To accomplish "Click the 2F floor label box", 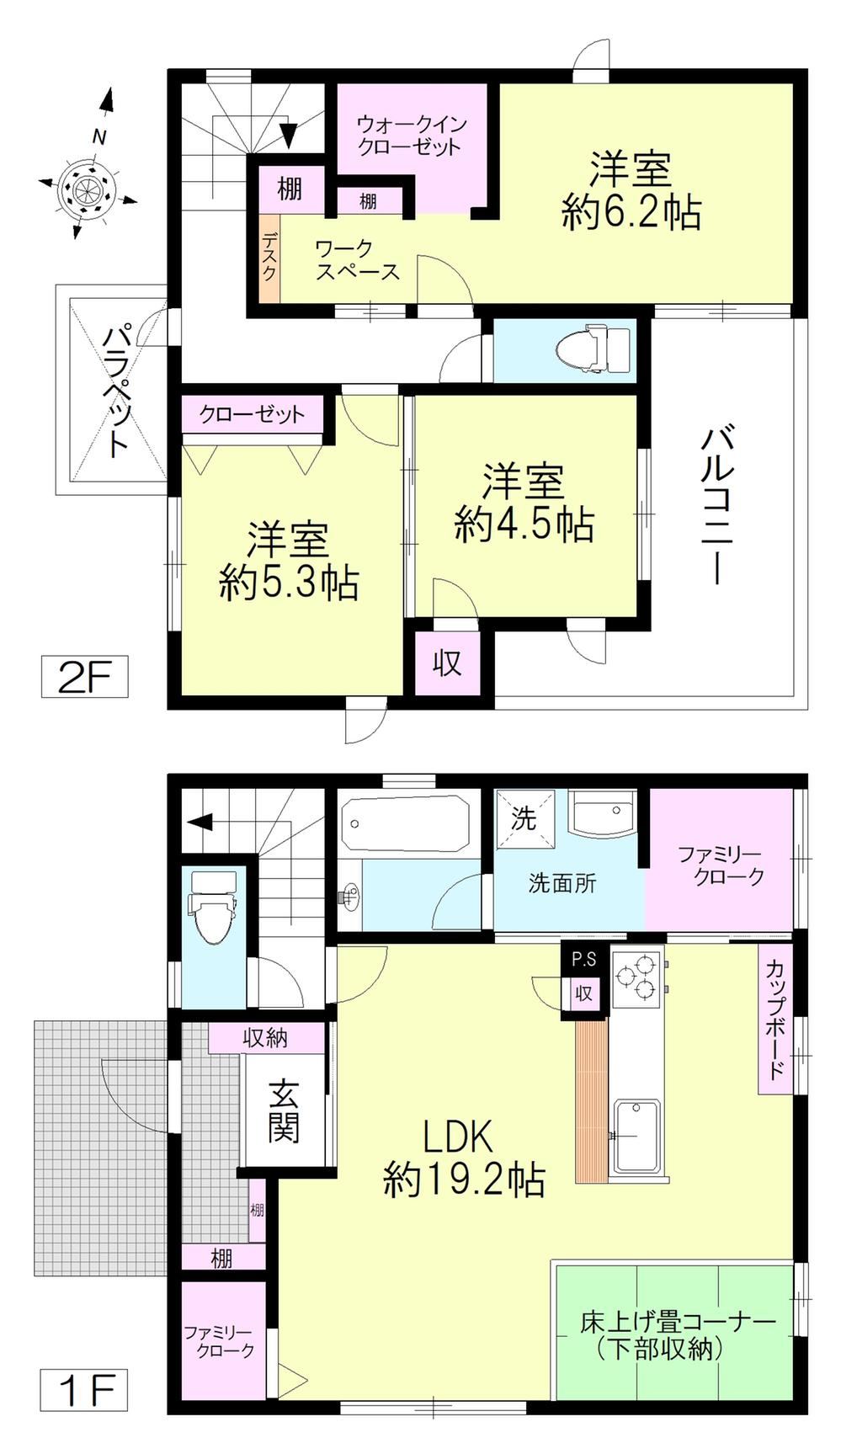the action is click(84, 676).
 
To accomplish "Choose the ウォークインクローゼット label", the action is click(410, 136).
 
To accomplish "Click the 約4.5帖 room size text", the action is click(524, 525).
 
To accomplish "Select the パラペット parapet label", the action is click(117, 391).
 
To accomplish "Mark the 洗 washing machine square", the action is click(524, 819).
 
